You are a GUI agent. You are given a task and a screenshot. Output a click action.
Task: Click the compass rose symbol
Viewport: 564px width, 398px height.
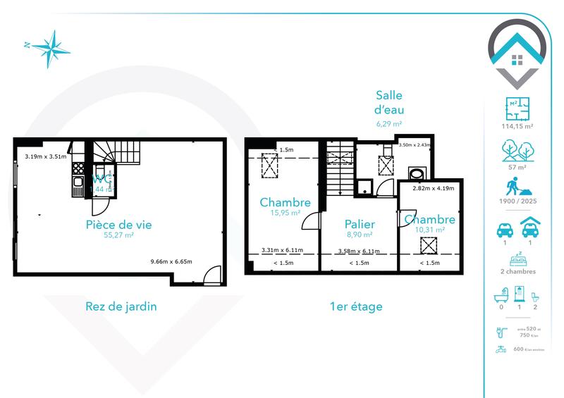click(x=47, y=47)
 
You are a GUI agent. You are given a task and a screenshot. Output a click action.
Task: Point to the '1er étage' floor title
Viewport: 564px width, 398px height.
click(x=356, y=306)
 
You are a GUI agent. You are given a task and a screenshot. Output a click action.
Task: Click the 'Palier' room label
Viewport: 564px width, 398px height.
click(x=360, y=225)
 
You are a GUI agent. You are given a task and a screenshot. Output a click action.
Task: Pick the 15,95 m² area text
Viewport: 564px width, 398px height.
click(x=284, y=213)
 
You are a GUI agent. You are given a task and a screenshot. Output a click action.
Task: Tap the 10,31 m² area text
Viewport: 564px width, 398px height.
click(x=430, y=230)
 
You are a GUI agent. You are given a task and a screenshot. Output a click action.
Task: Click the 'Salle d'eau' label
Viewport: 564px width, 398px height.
click(x=389, y=103)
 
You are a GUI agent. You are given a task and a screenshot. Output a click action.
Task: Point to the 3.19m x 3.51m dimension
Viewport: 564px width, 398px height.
click(x=45, y=157)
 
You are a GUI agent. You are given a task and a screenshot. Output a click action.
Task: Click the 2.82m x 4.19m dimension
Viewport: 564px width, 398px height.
click(x=433, y=189)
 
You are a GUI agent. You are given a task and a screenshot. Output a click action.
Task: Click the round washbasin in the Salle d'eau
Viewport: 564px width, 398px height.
click(x=417, y=173)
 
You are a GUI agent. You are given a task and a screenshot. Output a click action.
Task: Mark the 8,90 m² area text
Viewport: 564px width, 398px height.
click(x=360, y=236)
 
